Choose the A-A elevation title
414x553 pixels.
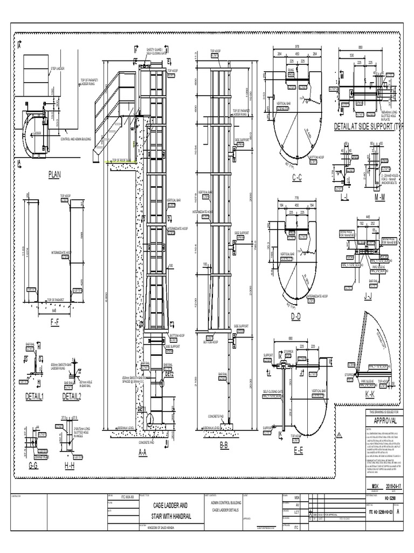pyautogui.click(x=142, y=453)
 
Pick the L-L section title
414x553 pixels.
pyautogui.click(x=344, y=198)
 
